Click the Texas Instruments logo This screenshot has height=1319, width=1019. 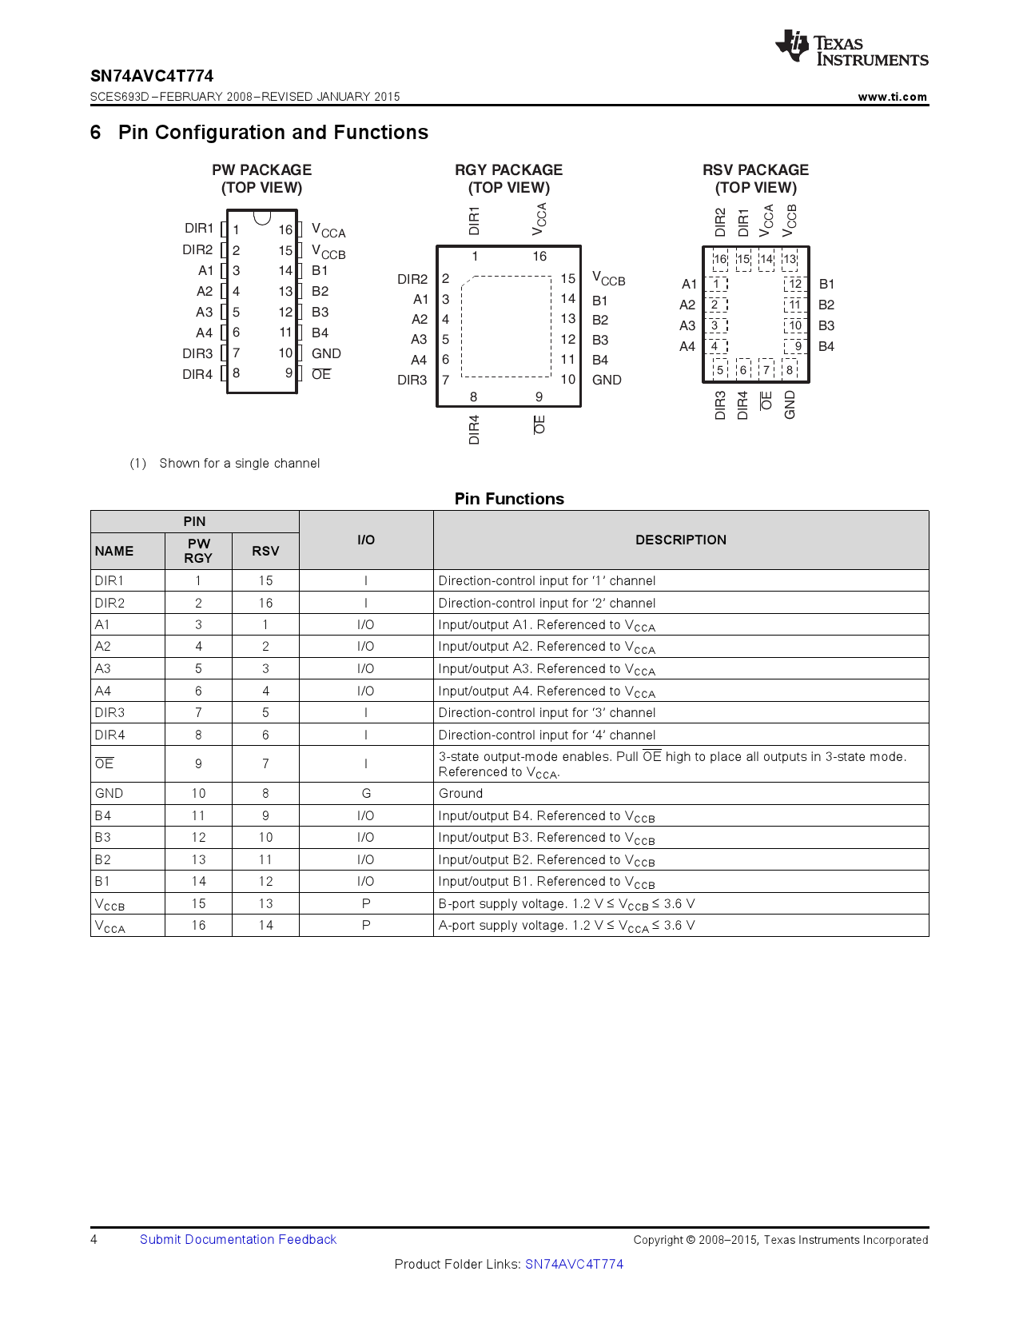[851, 50]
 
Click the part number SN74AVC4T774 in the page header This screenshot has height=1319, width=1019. [152, 76]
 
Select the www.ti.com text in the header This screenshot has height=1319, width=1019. [892, 97]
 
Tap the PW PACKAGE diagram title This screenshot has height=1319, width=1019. [261, 170]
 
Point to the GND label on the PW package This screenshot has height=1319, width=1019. [326, 353]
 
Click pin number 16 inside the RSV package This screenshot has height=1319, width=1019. [720, 259]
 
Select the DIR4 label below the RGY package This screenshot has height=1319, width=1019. [474, 429]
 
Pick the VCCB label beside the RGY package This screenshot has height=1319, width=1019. [608, 279]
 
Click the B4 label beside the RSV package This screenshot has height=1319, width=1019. [826, 346]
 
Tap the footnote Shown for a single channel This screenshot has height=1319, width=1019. [239, 464]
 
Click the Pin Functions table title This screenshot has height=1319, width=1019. [509, 499]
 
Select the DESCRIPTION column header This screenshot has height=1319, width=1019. [680, 540]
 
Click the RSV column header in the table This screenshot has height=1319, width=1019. [265, 551]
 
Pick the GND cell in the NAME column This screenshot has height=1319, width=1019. [109, 793]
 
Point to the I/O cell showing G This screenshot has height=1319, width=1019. [366, 793]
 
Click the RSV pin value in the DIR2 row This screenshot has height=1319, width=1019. [265, 603]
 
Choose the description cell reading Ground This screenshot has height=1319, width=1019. [460, 793]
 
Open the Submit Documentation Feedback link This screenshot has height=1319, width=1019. [238, 1239]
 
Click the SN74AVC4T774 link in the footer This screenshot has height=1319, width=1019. [574, 1264]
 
